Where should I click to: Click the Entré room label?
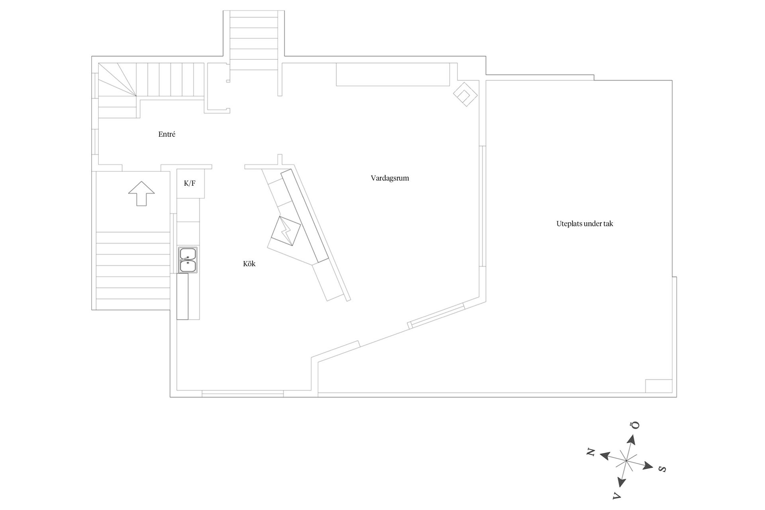167,134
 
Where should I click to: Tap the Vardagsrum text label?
390,178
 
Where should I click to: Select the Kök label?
249,264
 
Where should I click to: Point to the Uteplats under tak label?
585,224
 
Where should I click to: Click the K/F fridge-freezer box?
191,184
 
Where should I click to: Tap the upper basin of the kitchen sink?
188,253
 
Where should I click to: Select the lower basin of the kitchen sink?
188,266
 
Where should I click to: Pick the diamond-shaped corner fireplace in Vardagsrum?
465,94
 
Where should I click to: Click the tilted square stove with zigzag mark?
286,231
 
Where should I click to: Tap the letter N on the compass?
591,452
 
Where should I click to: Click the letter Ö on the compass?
636,425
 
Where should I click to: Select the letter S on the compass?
662,469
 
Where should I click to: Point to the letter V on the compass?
616,496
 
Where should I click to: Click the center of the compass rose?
626,461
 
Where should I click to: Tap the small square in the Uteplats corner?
659,386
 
